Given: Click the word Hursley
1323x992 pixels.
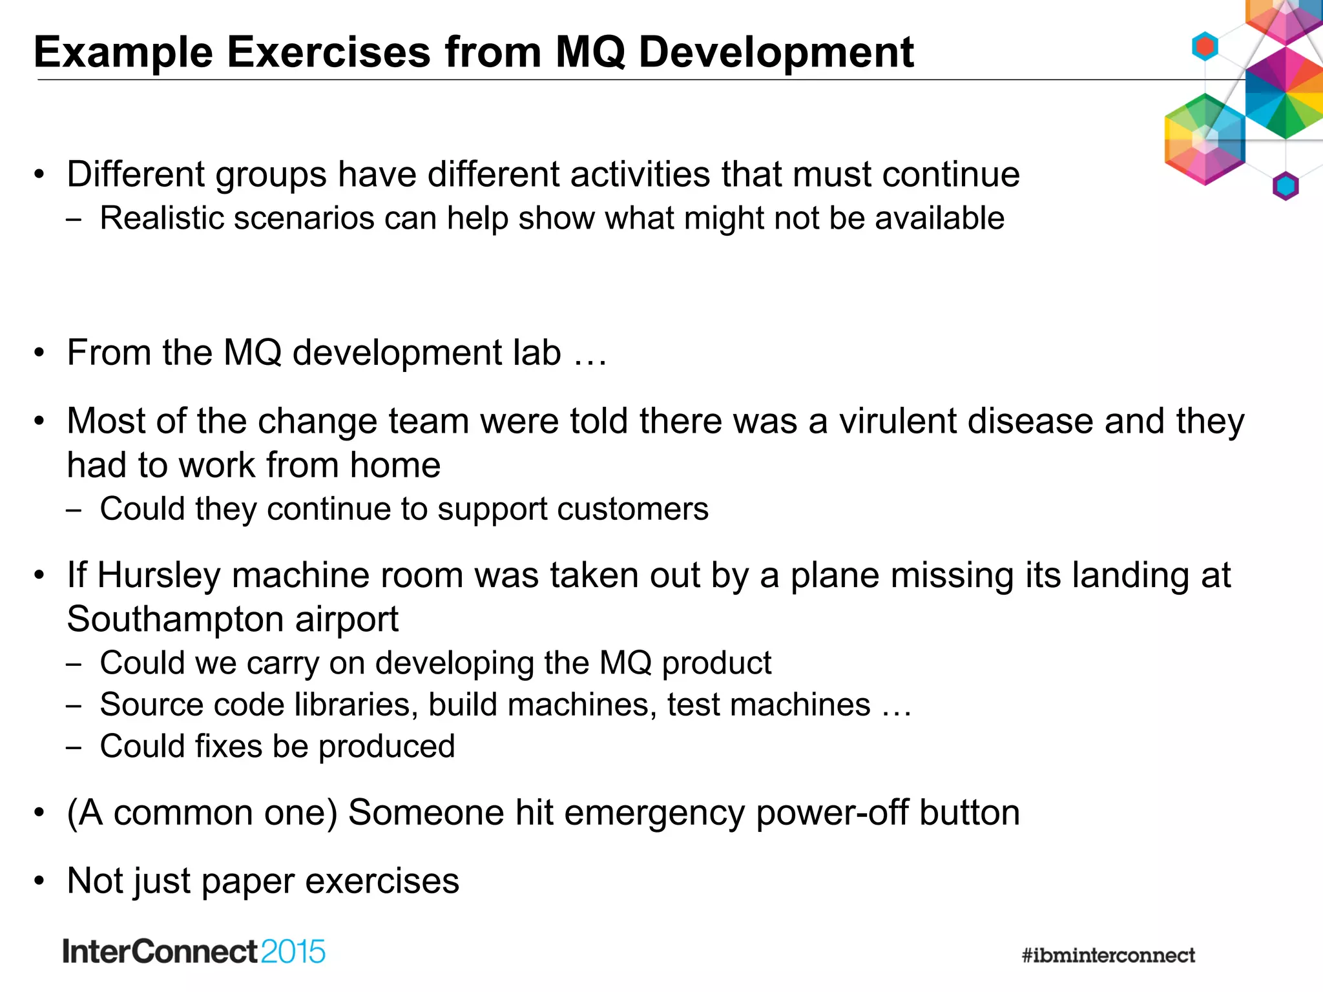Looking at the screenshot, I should coord(159,575).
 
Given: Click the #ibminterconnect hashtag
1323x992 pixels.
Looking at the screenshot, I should coord(1108,955).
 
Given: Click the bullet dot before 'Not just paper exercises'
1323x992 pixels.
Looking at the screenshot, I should coord(40,881).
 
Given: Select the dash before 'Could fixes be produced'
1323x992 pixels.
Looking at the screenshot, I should coord(74,747).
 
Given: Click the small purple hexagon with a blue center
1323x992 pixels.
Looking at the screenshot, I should coord(1285,187).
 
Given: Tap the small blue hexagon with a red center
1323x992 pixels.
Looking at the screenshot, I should coord(1205,46).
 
